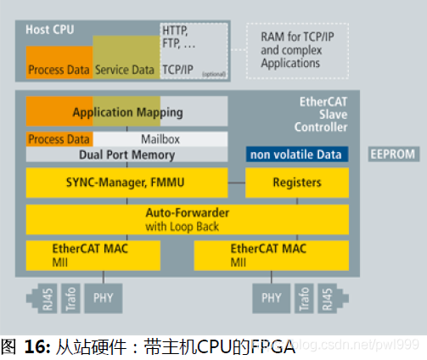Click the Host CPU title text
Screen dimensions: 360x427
[x=48, y=29]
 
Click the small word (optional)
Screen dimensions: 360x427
[x=213, y=74]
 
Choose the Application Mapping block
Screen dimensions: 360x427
[x=126, y=112]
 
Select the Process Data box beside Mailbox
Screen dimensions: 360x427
[x=59, y=139]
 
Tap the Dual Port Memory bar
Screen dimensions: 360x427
[x=126, y=155]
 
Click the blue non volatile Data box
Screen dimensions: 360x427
[x=295, y=155]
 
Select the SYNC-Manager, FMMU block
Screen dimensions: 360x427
[x=126, y=182]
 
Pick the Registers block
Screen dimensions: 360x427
[x=296, y=182]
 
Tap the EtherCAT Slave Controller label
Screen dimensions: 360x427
[x=323, y=114]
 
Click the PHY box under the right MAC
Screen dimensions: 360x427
[x=271, y=298]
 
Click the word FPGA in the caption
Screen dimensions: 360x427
[x=272, y=346]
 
